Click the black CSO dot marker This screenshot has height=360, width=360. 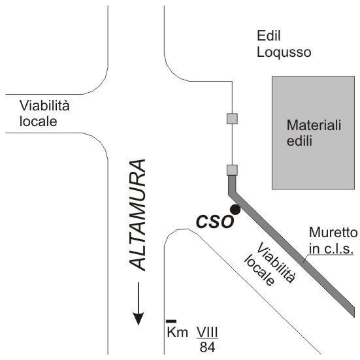tap(235, 209)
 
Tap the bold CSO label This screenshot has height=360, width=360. tap(215, 221)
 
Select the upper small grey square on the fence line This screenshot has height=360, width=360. tap(232, 119)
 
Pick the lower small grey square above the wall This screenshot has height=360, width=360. tap(232, 170)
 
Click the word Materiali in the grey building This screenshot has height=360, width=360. tap(314, 125)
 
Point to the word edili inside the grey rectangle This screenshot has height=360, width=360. tap(299, 140)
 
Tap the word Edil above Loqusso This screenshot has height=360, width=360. tap(269, 35)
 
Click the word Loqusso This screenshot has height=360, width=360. tap(284, 52)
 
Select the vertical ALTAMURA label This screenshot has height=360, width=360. tap(137, 215)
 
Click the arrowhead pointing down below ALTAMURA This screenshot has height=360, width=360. tap(139, 318)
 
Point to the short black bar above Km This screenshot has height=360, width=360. tap(171, 321)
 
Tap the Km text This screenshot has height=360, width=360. tap(177, 332)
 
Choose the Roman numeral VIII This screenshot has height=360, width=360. tap(207, 332)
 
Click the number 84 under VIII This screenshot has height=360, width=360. tap(207, 347)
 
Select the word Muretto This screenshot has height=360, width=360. tap(333, 233)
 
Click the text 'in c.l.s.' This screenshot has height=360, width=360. tap(331, 248)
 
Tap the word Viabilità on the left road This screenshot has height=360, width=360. tap(44, 106)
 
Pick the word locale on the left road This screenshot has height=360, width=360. tap(38, 121)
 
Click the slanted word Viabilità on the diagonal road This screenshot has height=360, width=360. tap(276, 263)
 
